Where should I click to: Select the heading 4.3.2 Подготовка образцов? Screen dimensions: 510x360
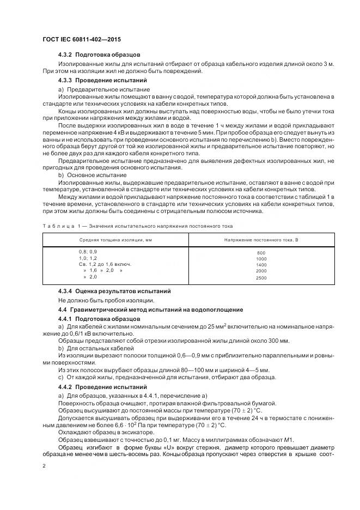click(x=99, y=55)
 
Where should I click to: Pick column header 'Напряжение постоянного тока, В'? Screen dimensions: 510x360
click(x=261, y=240)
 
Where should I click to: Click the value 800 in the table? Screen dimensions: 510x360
click(x=261, y=253)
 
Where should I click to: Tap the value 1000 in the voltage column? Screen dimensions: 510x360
click(x=261, y=259)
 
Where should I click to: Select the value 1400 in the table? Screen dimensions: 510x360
click(x=261, y=265)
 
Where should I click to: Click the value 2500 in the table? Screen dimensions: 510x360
click(x=261, y=278)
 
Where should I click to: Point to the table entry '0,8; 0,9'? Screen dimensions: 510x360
click(x=88, y=252)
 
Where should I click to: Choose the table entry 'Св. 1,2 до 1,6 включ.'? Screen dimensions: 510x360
click(x=105, y=264)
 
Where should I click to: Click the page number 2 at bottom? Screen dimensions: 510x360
click(x=44, y=466)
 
